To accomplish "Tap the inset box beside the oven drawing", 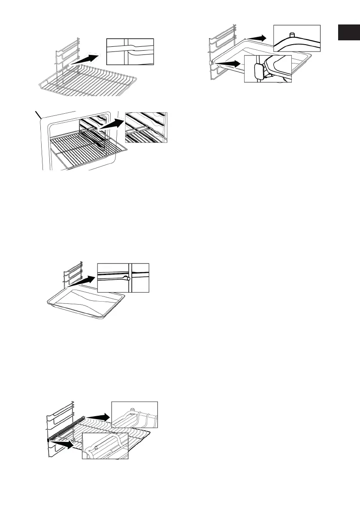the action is coord(146,127).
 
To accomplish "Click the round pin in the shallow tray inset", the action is coord(128,279).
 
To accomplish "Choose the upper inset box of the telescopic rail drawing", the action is coord(134,414).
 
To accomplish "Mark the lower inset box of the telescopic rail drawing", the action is coord(105,446).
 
